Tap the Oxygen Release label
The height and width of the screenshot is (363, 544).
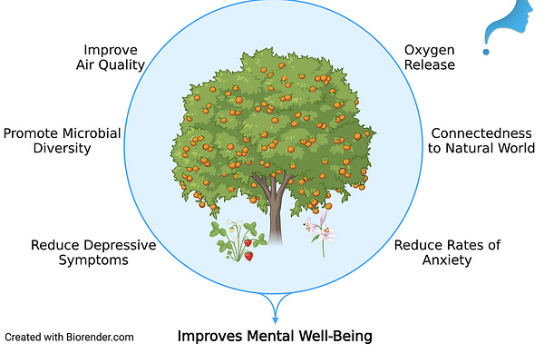coord(430,56)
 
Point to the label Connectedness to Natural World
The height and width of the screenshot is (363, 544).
coord(482,140)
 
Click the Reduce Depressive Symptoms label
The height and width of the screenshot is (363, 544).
coord(93,252)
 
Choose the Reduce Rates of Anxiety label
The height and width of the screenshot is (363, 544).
coord(447,252)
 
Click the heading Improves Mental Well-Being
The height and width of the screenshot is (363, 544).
coord(274,337)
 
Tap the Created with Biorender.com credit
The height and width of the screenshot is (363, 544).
coord(69,337)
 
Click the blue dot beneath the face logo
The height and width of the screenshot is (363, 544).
coord(487,53)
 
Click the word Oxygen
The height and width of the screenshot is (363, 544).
coord(430,49)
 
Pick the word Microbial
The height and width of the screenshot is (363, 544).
coord(96,132)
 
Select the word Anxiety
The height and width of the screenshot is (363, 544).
coord(447,260)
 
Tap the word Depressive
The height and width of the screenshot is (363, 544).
coord(112,245)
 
